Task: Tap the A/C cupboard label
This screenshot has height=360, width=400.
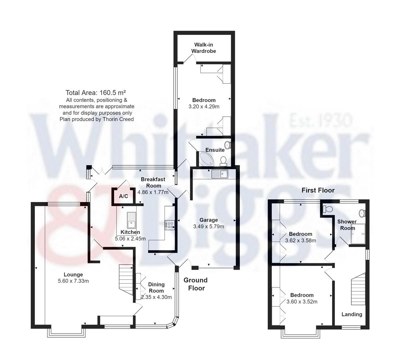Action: [124, 196]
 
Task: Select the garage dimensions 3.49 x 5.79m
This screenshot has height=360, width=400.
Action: [208, 226]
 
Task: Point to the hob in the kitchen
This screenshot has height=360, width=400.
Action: [170, 225]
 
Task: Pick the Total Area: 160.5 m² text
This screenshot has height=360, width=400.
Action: [97, 93]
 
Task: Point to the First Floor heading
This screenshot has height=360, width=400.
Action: [318, 190]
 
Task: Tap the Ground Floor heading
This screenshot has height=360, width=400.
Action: [196, 284]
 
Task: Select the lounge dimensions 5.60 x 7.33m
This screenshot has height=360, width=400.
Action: [73, 281]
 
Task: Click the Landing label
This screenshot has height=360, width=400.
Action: [352, 314]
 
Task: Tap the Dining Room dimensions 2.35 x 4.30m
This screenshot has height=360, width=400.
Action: [156, 297]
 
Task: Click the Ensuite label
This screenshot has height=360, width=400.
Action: [215, 150]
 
